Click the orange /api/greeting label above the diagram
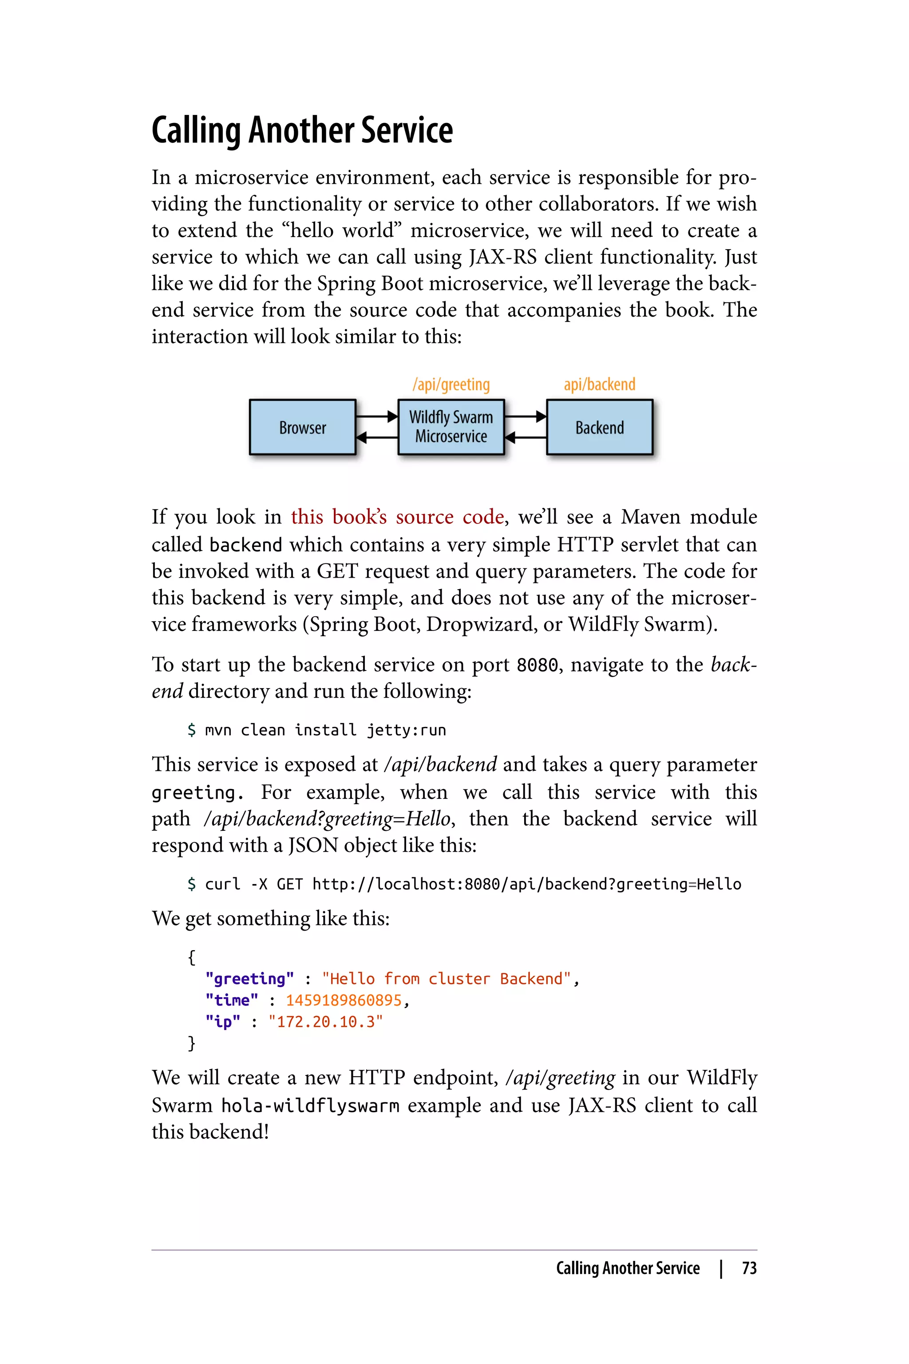click(451, 385)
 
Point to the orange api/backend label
click(600, 385)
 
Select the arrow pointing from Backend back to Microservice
click(525, 437)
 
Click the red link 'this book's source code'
click(397, 517)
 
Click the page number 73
click(749, 1268)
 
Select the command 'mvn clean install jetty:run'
click(325, 730)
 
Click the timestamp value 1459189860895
click(344, 1000)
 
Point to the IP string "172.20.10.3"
click(325, 1022)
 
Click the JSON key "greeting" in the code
click(249, 979)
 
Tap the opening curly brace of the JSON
click(192, 957)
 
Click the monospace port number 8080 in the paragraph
click(537, 665)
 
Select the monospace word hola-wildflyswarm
click(310, 1106)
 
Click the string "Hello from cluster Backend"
click(447, 979)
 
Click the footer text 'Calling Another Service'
click(628, 1268)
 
